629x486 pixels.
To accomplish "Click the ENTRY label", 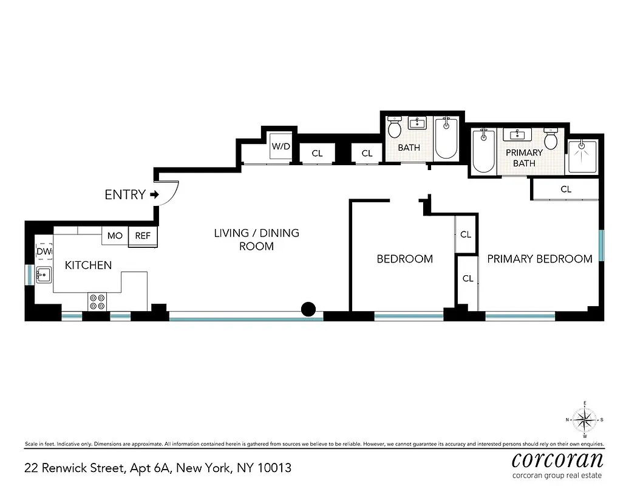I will tap(125, 195).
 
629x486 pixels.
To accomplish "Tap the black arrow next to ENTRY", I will tap(154, 195).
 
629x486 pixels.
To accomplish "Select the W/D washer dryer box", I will tap(280, 147).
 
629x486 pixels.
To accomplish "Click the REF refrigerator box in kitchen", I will tap(143, 236).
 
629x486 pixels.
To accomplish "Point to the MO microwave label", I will tap(115, 236).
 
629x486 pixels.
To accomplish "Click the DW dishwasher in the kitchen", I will tap(44, 251).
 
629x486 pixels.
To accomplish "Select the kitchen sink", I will tap(44, 275).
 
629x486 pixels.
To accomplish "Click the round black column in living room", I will tap(308, 310).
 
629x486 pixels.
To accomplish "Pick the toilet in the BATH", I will tap(395, 128).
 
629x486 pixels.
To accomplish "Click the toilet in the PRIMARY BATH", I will tap(551, 140).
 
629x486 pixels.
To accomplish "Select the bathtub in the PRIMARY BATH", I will tap(484, 151).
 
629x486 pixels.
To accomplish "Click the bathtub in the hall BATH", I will tap(446, 138).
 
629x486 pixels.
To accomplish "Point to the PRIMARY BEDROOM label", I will tap(540, 259).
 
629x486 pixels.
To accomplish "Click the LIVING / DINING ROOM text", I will tap(256, 239).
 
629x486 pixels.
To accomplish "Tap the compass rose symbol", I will tap(585, 419).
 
